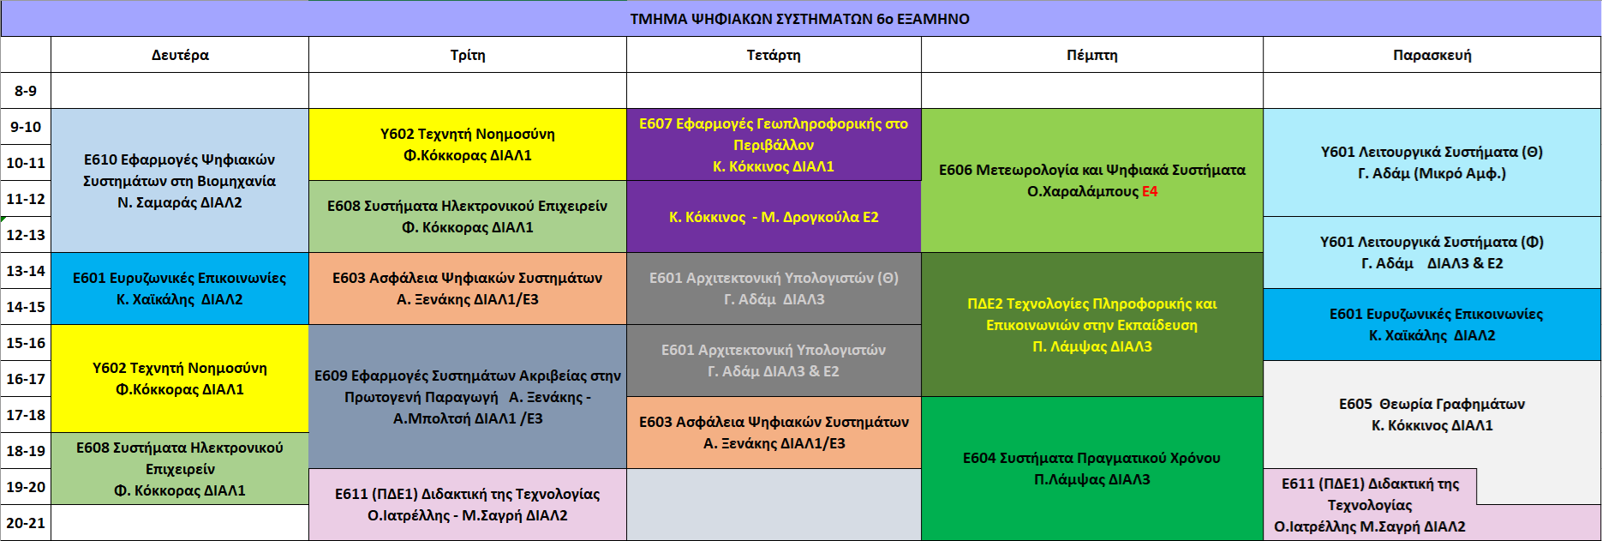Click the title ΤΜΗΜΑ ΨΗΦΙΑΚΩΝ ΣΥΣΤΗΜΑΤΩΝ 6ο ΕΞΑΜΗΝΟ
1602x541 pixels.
800,19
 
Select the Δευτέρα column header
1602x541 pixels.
180,55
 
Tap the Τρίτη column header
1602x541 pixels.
468,55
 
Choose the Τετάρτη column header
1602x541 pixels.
774,55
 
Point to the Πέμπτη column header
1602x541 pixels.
1092,55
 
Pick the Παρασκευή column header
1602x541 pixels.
1432,55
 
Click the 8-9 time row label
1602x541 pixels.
26,91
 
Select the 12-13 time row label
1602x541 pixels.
26,235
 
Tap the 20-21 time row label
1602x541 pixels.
26,523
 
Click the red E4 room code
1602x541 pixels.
1150,191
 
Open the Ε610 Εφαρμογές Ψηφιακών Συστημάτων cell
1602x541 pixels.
180,181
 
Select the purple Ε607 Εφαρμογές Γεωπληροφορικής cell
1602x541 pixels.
774,145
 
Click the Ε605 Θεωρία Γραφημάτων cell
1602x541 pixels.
1432,415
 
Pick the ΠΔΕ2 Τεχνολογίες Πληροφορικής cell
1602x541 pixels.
1092,325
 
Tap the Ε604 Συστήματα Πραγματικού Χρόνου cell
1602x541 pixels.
1092,468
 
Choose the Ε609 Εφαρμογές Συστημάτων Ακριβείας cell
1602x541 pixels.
468,397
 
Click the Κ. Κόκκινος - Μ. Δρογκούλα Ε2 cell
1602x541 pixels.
774,217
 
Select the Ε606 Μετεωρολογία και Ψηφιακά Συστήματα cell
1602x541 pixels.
1092,181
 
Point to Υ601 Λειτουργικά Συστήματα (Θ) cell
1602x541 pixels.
1432,163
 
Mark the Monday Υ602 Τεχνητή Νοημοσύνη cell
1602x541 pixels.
180,379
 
